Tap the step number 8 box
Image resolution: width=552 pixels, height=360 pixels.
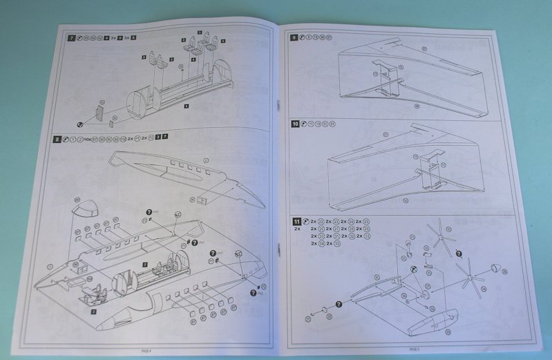click(57, 138)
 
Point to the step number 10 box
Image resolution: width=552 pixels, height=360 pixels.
click(296, 124)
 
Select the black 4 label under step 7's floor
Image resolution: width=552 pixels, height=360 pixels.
click(187, 106)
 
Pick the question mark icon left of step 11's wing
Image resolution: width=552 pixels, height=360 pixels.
click(339, 304)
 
